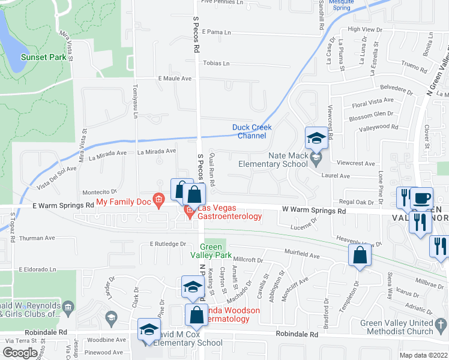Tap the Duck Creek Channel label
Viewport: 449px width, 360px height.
[x=252, y=131]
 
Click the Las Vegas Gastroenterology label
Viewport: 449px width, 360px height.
[x=228, y=212]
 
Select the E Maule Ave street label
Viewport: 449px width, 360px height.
[x=175, y=79]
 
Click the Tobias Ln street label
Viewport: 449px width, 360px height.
[x=217, y=63]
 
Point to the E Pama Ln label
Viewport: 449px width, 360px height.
[x=217, y=32]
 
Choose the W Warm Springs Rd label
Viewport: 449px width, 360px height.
[x=314, y=212]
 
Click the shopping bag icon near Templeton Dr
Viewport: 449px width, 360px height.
[x=359, y=255]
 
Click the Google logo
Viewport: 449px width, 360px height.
[x=20, y=352]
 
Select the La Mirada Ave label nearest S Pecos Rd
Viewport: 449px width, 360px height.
[x=157, y=151]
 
